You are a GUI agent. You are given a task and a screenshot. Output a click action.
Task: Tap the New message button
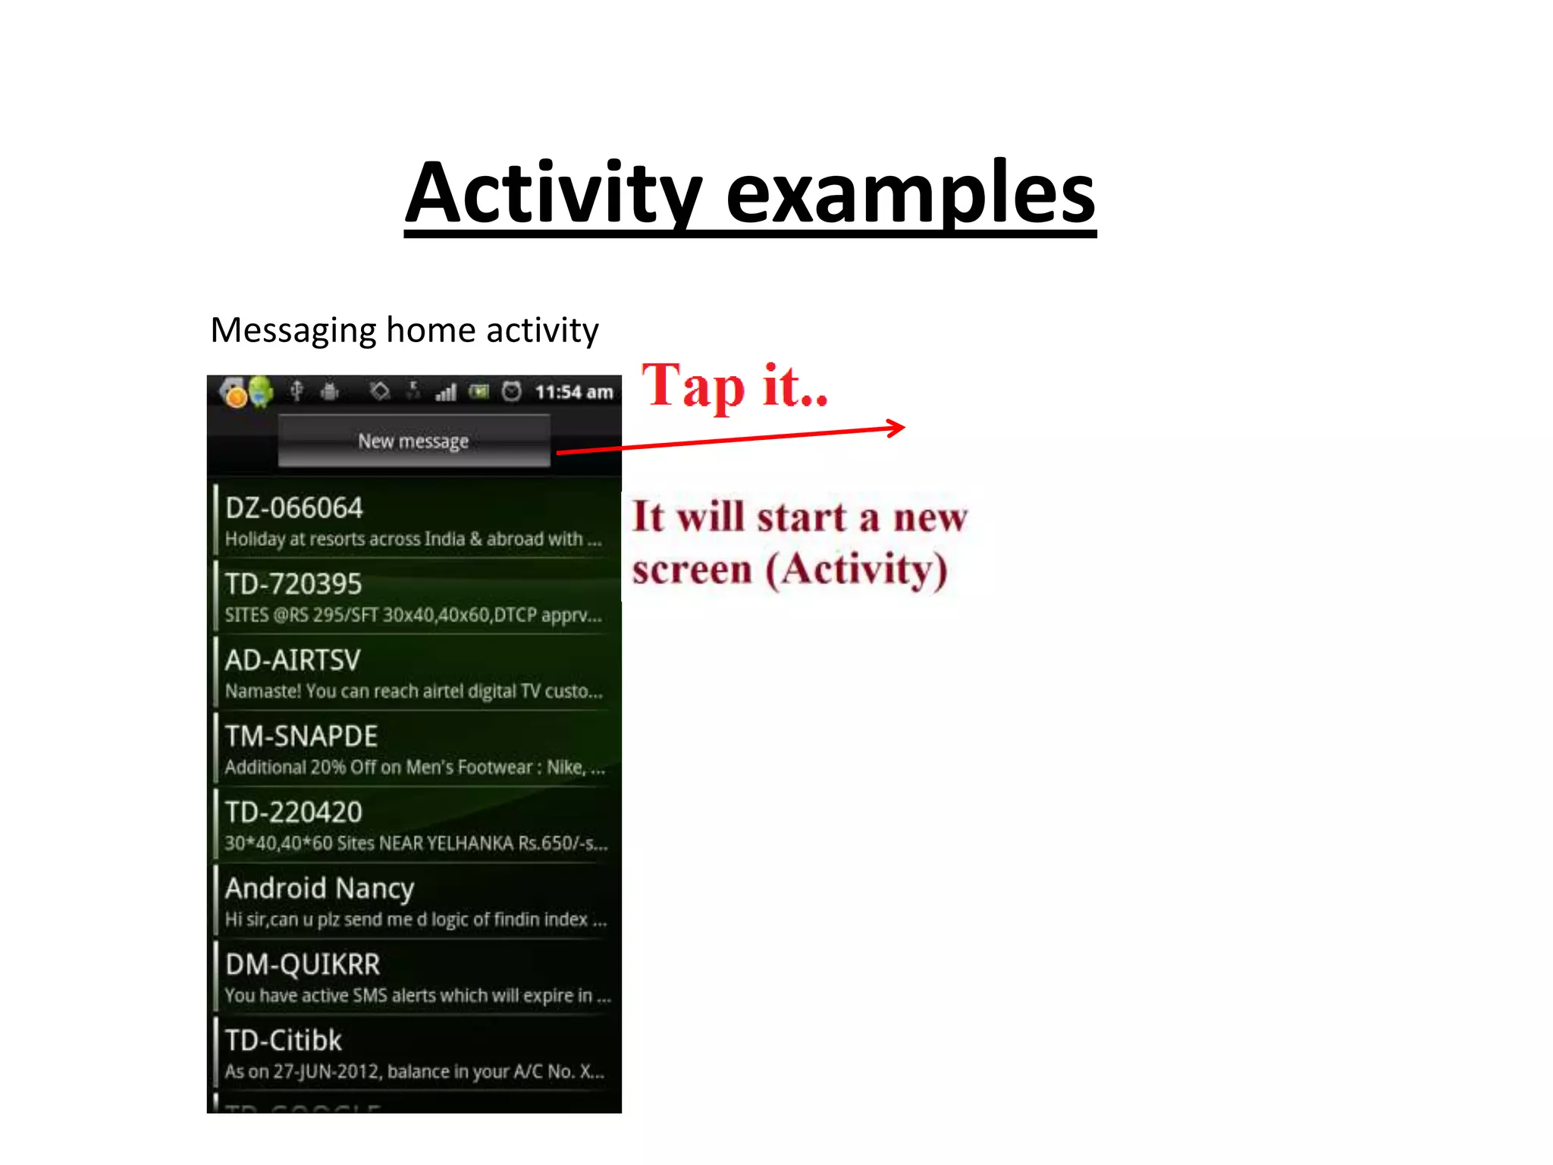(413, 441)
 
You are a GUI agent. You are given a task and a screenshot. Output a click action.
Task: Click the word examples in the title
(910, 194)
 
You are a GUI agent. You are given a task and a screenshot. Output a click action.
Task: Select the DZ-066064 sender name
(294, 507)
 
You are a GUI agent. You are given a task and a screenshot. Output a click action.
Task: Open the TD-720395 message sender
(293, 584)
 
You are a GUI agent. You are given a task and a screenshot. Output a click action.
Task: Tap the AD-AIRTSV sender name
(293, 660)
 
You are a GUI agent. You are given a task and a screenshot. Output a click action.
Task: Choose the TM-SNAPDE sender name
(301, 736)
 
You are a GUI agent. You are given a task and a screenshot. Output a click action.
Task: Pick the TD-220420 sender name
(293, 812)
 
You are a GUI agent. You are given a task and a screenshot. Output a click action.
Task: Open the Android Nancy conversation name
(319, 888)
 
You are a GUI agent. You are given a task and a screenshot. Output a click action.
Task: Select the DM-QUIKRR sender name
(303, 964)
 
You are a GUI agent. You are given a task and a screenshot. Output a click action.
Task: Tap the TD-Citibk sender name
(284, 1041)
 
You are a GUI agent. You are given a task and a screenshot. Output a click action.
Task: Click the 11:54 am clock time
(573, 392)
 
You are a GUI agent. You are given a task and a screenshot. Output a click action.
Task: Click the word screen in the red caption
(692, 569)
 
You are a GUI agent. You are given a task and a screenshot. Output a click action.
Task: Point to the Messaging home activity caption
(404, 331)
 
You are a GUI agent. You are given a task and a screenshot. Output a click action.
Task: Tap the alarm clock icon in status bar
(513, 391)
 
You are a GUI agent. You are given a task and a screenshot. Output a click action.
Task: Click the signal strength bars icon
(446, 392)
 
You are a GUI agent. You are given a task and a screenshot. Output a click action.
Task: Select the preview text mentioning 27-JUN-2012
(414, 1072)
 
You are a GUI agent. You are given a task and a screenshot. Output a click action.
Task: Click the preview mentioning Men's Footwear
(414, 768)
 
